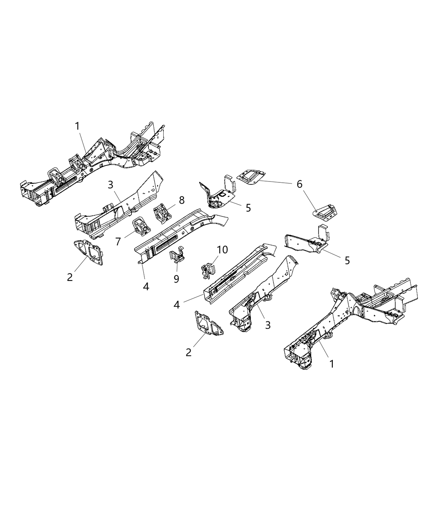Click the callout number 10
tap(222, 250)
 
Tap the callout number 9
tap(176, 279)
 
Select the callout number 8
tap(181, 200)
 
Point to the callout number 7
tap(118, 241)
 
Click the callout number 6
tap(299, 184)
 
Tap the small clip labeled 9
tap(178, 256)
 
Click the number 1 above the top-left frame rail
tap(77, 126)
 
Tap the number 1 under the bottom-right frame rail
tap(331, 363)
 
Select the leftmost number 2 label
tap(70, 277)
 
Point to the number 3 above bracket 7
tap(110, 185)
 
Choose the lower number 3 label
tap(268, 325)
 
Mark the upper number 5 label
tap(248, 208)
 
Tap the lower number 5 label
tap(347, 260)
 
